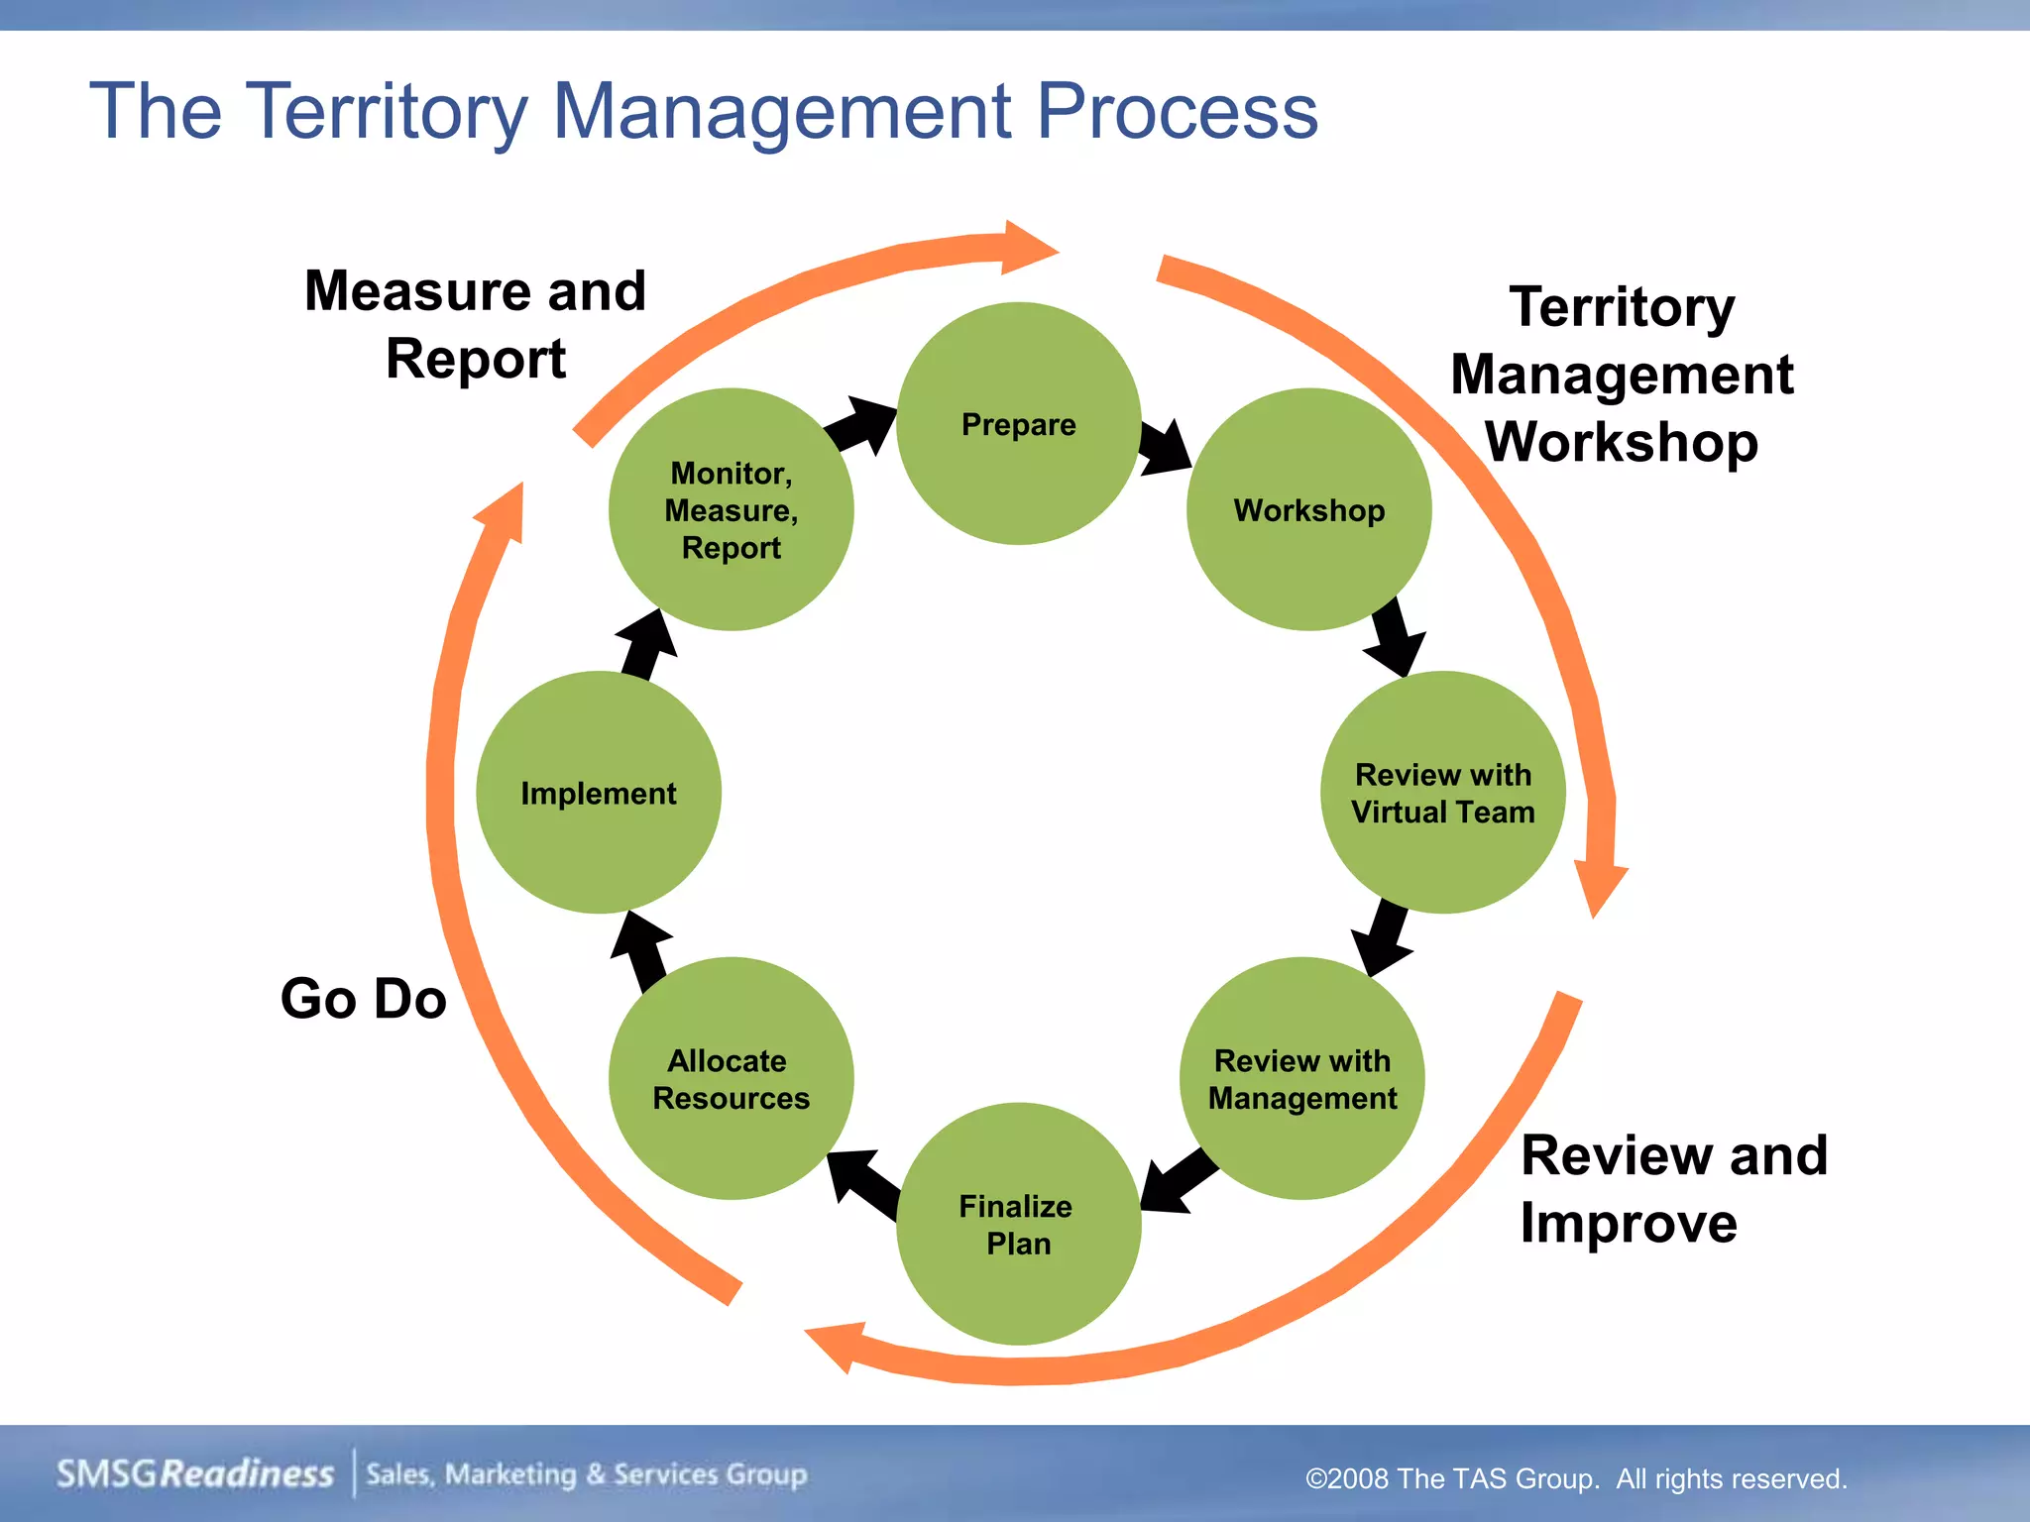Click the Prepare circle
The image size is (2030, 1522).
pyautogui.click(x=1018, y=424)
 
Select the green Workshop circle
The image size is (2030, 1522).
pyautogui.click(x=1308, y=509)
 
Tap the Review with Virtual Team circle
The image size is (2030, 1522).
pyautogui.click(x=1442, y=793)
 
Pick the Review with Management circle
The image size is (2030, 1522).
pyautogui.click(x=1301, y=1078)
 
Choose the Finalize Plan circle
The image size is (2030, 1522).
pyautogui.click(x=1018, y=1224)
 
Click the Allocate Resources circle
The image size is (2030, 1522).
pyautogui.click(x=731, y=1078)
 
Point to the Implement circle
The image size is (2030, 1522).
pyautogui.click(x=599, y=793)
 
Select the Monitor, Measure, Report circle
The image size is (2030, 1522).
pyautogui.click(x=731, y=509)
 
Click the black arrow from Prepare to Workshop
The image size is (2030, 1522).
pyautogui.click(x=1165, y=448)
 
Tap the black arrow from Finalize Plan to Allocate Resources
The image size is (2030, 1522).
pyautogui.click(x=861, y=1181)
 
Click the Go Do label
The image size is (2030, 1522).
pyautogui.click(x=363, y=998)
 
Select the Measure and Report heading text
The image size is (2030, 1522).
pyautogui.click(x=475, y=324)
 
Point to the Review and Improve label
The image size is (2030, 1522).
pyautogui.click(x=1673, y=1188)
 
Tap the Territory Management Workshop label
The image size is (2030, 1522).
pyautogui.click(x=1622, y=374)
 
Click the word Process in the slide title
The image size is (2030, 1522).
pyautogui.click(x=1178, y=111)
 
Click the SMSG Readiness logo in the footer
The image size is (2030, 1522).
pyautogui.click(x=195, y=1473)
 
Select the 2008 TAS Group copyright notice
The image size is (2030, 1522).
pyautogui.click(x=1576, y=1478)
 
